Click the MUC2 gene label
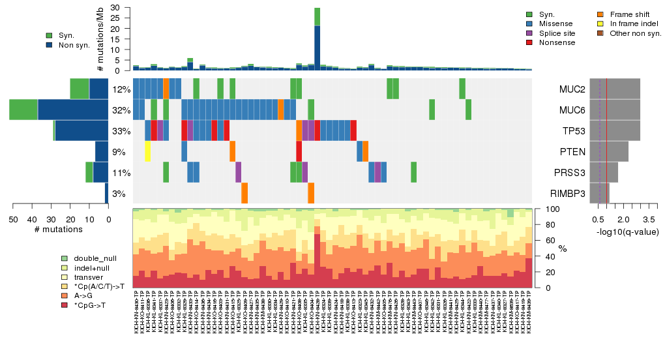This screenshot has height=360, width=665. point(572,89)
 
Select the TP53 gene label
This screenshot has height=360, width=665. point(572,131)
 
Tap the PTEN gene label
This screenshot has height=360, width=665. point(572,152)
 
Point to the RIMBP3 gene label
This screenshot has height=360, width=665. point(568,194)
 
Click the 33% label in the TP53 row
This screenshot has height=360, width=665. point(121,131)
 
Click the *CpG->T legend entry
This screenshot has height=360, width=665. point(92,305)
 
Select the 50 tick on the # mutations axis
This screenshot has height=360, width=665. point(13,220)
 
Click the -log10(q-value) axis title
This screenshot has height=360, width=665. point(627,232)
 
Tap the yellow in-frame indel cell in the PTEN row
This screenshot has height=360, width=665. point(148,152)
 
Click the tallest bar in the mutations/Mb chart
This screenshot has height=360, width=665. point(317,39)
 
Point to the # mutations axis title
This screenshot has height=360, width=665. point(59,230)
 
